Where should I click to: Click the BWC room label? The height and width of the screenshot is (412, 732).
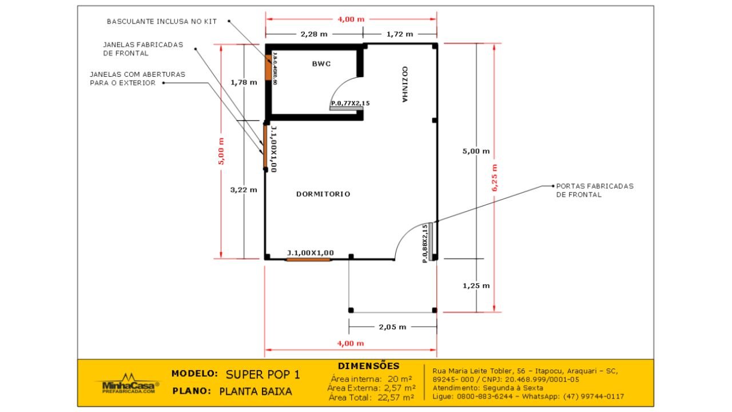click(x=321, y=64)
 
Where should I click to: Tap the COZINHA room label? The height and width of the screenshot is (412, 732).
click(x=404, y=84)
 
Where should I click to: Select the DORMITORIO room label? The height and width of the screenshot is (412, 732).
click(x=323, y=194)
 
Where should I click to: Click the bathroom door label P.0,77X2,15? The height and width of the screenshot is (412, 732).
click(x=350, y=104)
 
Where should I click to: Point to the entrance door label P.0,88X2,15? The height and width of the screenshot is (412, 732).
click(x=425, y=243)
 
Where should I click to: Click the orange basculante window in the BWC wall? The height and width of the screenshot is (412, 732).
click(x=268, y=69)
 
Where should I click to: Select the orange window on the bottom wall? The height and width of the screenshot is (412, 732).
click(x=308, y=260)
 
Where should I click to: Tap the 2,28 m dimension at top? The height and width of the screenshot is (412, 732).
click(x=315, y=34)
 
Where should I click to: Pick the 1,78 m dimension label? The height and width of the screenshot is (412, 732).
click(x=244, y=82)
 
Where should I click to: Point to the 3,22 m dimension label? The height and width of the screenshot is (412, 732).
click(x=244, y=190)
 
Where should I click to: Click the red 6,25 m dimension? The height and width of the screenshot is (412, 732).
click(x=495, y=178)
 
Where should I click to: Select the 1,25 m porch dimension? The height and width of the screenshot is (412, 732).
click(x=476, y=286)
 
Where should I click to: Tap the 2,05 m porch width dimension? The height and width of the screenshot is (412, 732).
click(x=392, y=327)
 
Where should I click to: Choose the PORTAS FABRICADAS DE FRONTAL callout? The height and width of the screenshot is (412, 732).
click(x=595, y=191)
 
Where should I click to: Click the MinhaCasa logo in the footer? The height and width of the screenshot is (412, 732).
click(x=127, y=384)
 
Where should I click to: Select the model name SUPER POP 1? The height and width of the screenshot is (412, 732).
click(x=262, y=375)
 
